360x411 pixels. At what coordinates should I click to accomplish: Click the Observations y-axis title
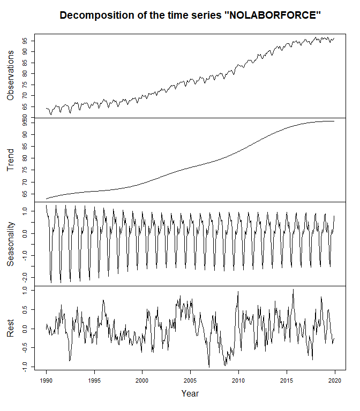click(x=11, y=75)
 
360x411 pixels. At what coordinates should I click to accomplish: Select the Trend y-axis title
click(x=11, y=160)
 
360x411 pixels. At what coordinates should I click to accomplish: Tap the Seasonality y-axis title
click(x=11, y=244)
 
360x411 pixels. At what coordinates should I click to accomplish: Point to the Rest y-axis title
click(x=11, y=328)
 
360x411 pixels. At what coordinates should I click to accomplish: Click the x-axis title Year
click(x=190, y=393)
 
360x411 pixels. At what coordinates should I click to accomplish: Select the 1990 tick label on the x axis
click(x=47, y=377)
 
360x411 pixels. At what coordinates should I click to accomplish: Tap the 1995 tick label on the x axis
click(x=94, y=377)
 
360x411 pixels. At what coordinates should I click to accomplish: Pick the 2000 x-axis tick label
click(x=142, y=377)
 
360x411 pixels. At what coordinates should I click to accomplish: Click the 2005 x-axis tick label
click(x=190, y=377)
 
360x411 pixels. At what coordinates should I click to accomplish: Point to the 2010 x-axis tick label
click(x=238, y=377)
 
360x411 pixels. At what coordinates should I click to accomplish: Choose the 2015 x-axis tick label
click(x=286, y=377)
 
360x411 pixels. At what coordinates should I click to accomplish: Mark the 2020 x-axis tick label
click(x=333, y=377)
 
